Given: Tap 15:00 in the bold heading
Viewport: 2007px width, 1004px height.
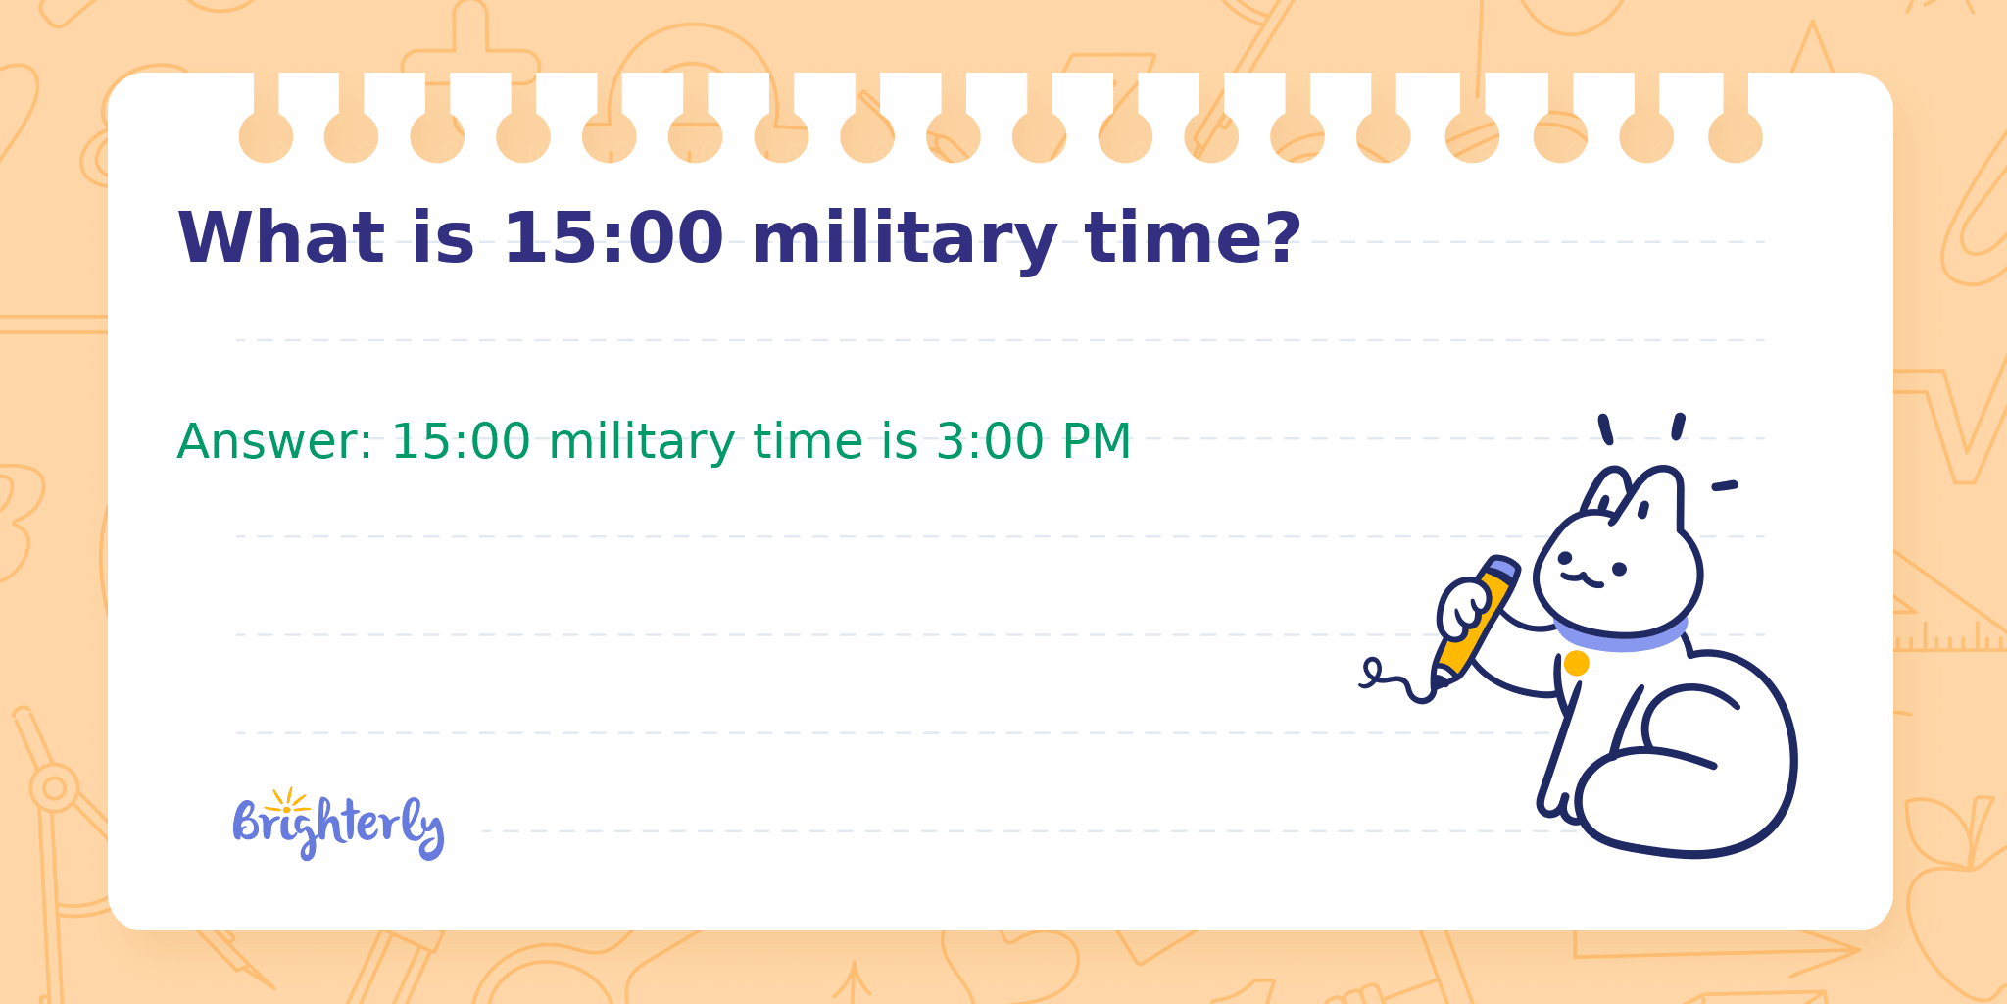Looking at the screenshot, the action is tap(613, 238).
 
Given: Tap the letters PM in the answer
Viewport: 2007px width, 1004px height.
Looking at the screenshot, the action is tap(1098, 441).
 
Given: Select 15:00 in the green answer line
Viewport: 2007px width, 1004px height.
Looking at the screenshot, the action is tap(461, 441).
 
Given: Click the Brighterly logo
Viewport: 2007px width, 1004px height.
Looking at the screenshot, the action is tap(339, 825).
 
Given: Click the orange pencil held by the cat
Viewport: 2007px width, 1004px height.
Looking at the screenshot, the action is tap(1475, 620).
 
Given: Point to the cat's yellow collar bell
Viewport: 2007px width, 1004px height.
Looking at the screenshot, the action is tap(1576, 664).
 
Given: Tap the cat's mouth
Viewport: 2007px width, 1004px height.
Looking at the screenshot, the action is tap(1582, 579).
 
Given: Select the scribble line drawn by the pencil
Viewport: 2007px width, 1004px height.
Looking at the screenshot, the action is tap(1396, 681).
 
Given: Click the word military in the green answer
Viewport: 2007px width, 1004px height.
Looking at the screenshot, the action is tap(641, 443).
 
